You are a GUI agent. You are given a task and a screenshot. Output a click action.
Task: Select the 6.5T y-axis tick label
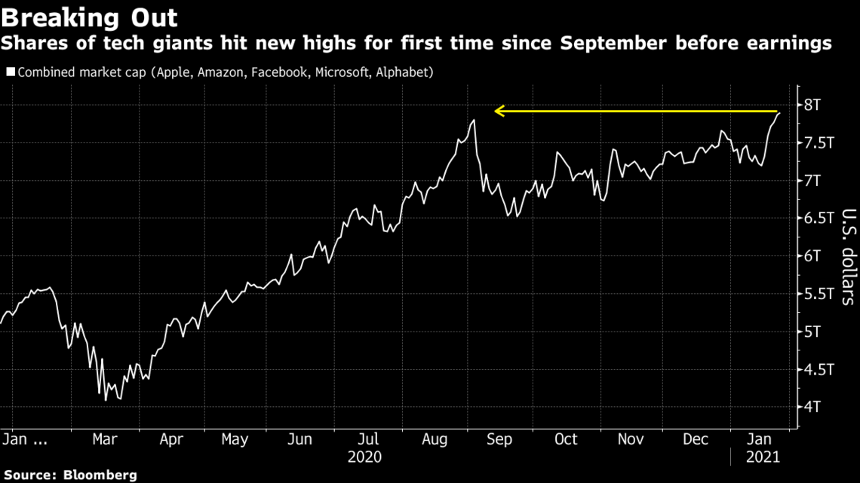(x=819, y=219)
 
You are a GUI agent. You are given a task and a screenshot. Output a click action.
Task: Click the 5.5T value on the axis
(x=819, y=294)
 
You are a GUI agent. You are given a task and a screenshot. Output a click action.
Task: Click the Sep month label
(x=499, y=439)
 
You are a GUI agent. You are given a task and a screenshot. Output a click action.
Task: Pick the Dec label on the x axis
(x=696, y=439)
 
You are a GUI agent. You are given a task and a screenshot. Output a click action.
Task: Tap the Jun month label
(x=300, y=439)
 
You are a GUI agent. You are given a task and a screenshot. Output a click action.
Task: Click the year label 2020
(x=365, y=457)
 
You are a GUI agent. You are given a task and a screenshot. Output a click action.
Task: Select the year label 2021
(x=762, y=457)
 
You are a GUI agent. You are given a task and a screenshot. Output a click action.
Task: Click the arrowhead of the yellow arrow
(x=498, y=112)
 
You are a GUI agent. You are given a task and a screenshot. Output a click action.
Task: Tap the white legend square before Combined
(x=11, y=73)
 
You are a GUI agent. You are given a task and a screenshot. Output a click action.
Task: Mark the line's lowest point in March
(x=106, y=399)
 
